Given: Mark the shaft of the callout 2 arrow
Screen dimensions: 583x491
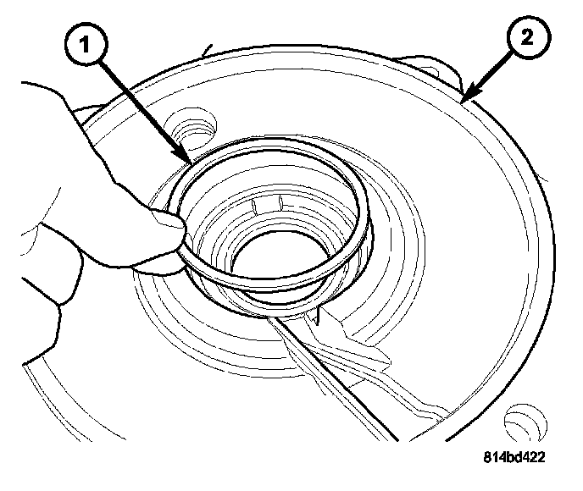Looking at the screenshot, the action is [491, 70].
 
